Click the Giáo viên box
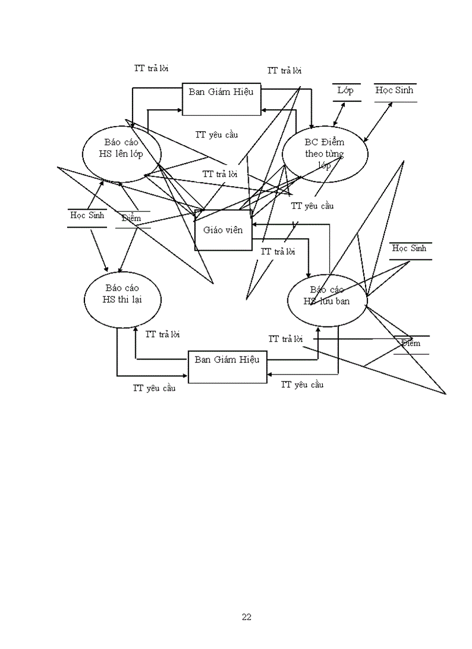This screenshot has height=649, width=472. click(x=223, y=229)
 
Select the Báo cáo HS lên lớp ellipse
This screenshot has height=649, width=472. click(x=121, y=152)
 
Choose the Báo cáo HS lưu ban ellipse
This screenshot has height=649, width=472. click(x=327, y=299)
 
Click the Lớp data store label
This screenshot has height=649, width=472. click(x=346, y=91)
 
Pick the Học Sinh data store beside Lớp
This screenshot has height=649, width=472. click(x=394, y=91)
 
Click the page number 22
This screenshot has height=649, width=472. click(x=246, y=617)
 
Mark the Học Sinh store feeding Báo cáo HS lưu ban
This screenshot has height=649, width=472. click(x=410, y=249)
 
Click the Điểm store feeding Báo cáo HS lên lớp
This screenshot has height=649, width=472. click(x=132, y=218)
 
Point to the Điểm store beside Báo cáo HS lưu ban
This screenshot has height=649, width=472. click(x=411, y=344)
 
